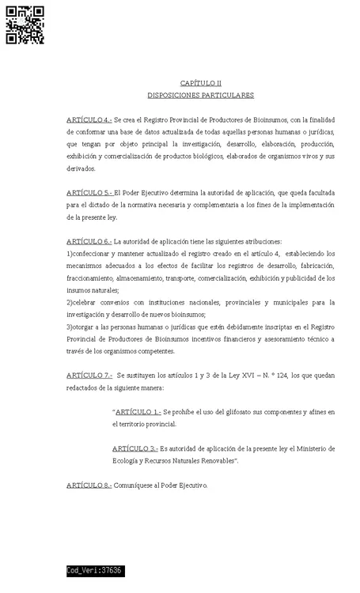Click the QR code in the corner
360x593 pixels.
25,25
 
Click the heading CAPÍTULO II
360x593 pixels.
200,82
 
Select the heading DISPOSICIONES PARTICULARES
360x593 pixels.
200,95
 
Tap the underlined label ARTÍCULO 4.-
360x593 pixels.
89,119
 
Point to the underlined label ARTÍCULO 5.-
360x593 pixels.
89,192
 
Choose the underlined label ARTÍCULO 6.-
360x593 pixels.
89,241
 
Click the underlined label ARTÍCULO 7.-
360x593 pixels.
89,376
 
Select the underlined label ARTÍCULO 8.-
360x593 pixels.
89,485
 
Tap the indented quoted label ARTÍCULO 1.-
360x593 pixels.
138,412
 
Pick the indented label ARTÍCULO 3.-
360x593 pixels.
135,448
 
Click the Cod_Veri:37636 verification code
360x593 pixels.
94,570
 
